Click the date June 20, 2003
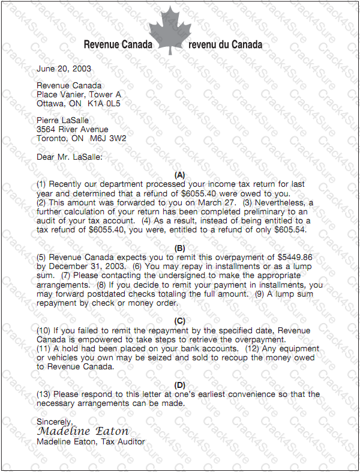[x=64, y=69]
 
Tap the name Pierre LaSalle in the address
[x=62, y=121]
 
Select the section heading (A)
[x=180, y=175]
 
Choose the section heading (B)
[x=180, y=248]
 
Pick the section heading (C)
[x=180, y=321]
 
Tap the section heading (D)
[x=180, y=385]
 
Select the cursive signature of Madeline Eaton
[x=83, y=432]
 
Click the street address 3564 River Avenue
[x=73, y=129]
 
